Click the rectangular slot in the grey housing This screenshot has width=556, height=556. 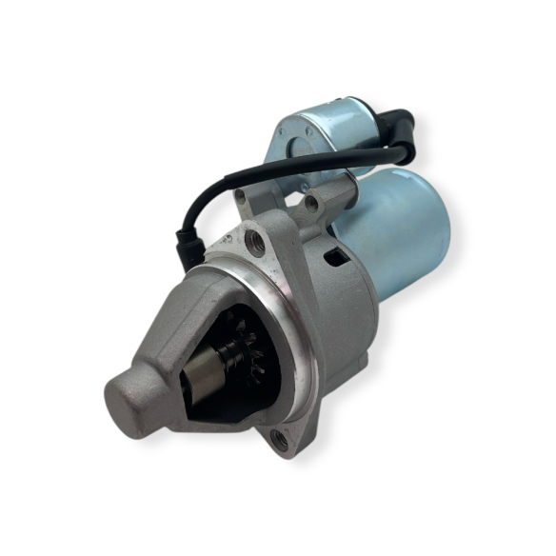[334, 256]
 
